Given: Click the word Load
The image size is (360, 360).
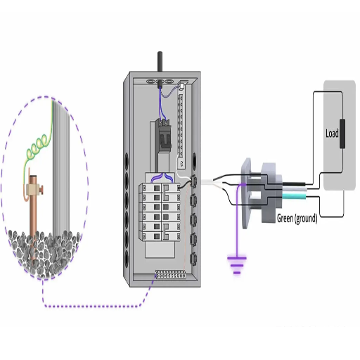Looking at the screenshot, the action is pos(332,134).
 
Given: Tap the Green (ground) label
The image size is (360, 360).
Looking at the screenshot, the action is pos(297,219).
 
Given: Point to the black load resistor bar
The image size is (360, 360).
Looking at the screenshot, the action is pos(342,134).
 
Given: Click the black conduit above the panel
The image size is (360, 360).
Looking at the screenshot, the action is pos(160,61).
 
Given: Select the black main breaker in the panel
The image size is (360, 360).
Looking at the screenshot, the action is pos(164,135).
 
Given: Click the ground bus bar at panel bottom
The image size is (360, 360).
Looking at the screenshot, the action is pos(171,275).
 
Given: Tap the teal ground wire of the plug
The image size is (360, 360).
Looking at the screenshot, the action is pos(294,196).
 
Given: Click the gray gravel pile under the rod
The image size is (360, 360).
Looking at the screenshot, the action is pos(44,252).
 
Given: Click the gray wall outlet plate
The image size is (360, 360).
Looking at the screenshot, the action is pos(246,193).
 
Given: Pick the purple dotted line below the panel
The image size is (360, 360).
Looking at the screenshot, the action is pos(93,306).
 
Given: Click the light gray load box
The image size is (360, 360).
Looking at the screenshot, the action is pos(340,136).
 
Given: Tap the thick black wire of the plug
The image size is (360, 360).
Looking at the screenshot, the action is pos(294,184).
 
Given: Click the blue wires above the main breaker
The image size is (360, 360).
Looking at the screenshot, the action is pos(163,104).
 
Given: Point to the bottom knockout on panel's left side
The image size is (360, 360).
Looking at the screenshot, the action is pos(127,259).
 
